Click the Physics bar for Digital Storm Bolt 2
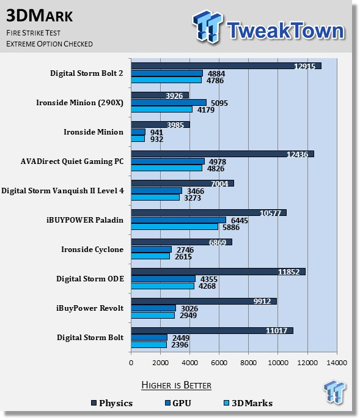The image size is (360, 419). [x=226, y=66]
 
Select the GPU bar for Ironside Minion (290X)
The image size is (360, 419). [x=169, y=103]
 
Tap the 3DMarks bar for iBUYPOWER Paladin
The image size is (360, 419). [x=174, y=227]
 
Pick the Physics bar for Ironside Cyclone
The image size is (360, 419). [x=182, y=242]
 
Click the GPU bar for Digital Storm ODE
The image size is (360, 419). [x=163, y=279]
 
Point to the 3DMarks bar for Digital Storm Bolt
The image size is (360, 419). [x=149, y=345]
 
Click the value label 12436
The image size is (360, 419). [x=297, y=155]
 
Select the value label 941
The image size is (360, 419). [x=156, y=132]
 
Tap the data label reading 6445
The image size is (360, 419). [x=240, y=220]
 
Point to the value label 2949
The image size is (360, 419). [x=188, y=316]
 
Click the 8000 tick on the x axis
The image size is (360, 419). [x=248, y=363]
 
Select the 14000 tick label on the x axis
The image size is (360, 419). [x=337, y=363]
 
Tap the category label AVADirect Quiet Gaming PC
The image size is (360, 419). [x=72, y=161]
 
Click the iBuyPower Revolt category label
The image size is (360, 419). [x=90, y=308]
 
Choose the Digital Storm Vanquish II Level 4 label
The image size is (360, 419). [x=62, y=191]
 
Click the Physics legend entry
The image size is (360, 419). [x=112, y=403]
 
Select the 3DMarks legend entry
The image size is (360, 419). [x=248, y=403]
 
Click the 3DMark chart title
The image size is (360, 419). [x=40, y=16]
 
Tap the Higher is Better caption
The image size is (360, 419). [x=176, y=385]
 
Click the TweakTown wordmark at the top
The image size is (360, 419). [x=285, y=30]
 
